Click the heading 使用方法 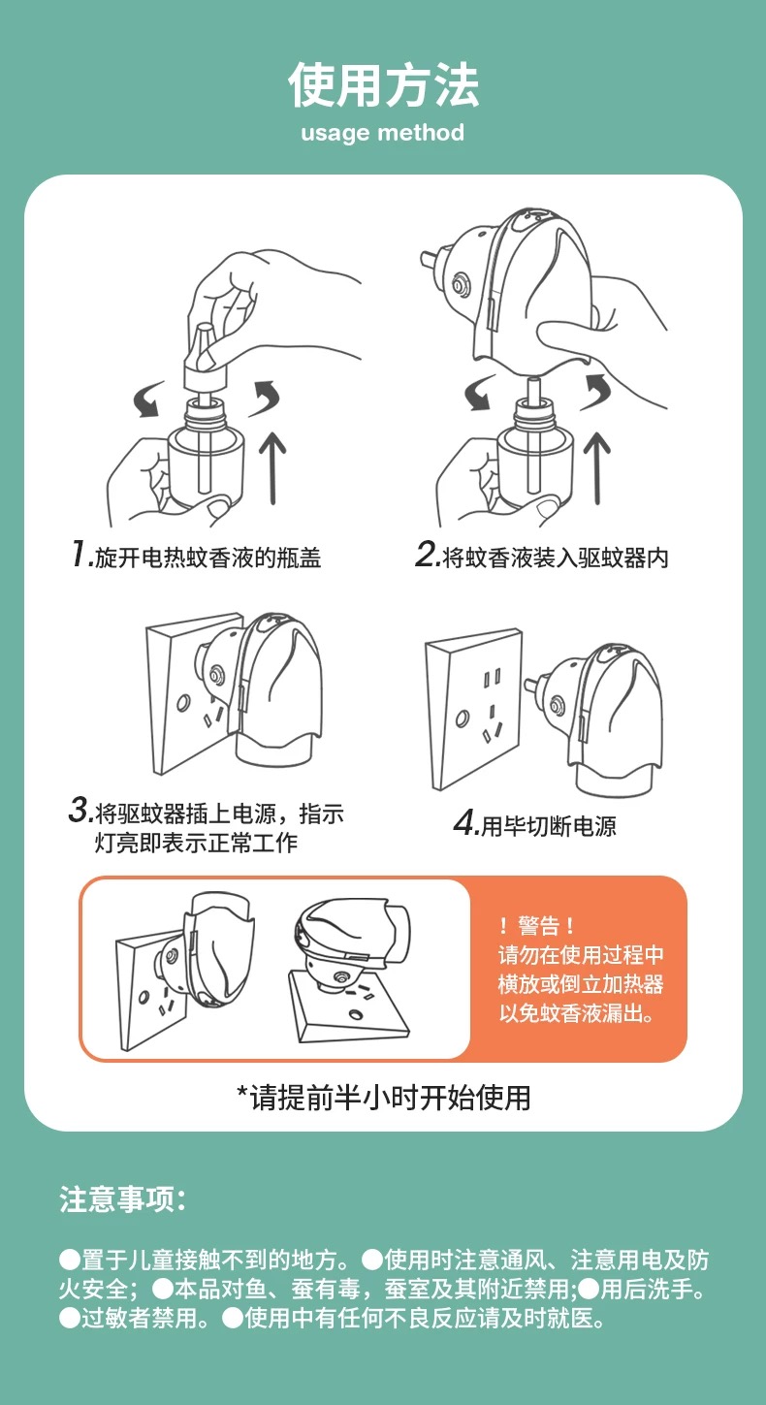[x=383, y=85]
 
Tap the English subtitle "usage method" [x=383, y=133]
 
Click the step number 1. [x=80, y=554]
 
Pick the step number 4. [x=464, y=822]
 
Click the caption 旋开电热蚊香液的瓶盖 [x=207, y=558]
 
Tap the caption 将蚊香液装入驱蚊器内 [x=556, y=558]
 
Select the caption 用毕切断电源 [x=548, y=826]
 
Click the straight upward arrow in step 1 [x=272, y=467]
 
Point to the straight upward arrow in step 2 [x=596, y=467]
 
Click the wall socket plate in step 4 [x=474, y=709]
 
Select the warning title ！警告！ [x=537, y=925]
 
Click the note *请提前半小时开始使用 [x=383, y=1097]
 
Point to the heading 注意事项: [x=123, y=1199]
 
